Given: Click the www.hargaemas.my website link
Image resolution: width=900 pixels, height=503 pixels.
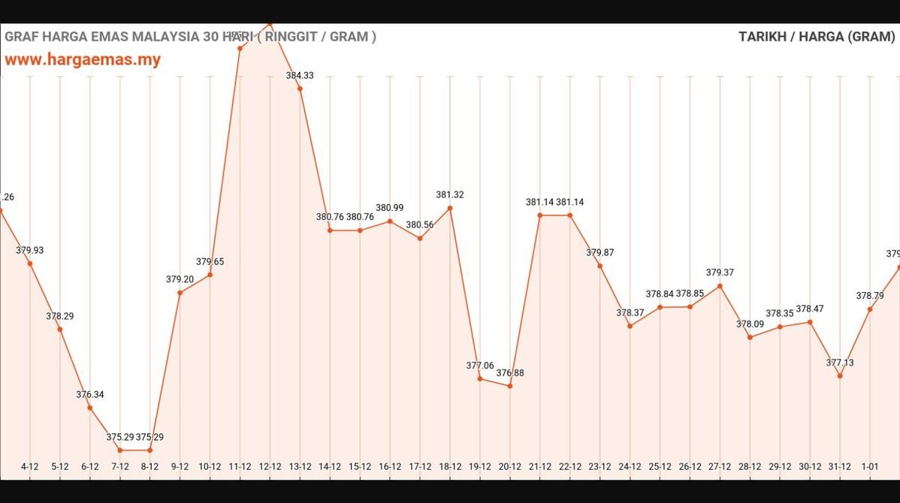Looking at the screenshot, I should pos(83,60).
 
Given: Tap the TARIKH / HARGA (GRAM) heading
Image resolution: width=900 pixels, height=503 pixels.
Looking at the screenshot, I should pos(816,37).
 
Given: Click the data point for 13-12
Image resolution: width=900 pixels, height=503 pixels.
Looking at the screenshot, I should pos(300,89).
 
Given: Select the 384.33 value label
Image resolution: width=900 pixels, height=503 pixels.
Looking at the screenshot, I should pos(300,75).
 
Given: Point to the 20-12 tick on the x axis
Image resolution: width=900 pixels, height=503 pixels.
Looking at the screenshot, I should pos(510,466).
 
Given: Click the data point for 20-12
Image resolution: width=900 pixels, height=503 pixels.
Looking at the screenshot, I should pos(510,386).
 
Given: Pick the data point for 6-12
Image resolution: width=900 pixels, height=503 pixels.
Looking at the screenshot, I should pos(89,408).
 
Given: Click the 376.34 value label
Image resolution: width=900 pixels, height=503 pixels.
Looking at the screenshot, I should pos(89,394).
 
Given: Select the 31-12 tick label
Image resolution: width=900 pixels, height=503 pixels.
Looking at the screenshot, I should pos(840,466).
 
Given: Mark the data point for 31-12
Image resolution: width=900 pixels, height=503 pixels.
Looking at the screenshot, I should pos(840,375).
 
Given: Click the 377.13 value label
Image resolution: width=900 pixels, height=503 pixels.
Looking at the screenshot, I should pos(840,363).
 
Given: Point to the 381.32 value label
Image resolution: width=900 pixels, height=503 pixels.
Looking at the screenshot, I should pos(450,195).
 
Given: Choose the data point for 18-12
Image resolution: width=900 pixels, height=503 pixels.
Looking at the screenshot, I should pos(450,208).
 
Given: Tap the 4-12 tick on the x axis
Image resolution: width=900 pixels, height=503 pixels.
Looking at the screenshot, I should pos(30,466).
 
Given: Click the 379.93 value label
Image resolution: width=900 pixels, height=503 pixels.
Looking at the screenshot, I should pos(30,250).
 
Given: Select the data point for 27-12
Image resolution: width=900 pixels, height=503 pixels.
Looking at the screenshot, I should pos(720,286).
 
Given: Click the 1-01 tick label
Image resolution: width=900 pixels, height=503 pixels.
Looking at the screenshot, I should pos(870,466).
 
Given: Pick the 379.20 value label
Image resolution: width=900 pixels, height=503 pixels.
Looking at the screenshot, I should pos(180,279).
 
